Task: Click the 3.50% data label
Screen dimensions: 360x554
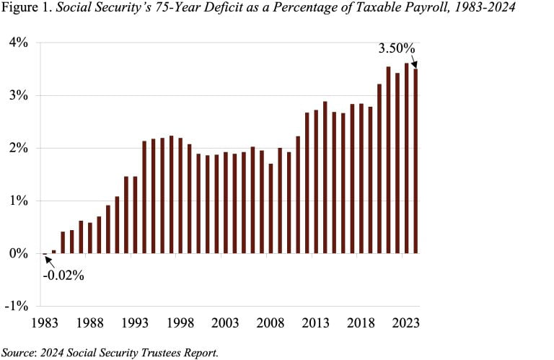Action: pyautogui.click(x=396, y=50)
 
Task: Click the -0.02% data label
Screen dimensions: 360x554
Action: pyautogui.click(x=64, y=275)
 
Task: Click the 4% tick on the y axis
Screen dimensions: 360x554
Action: pyautogui.click(x=19, y=43)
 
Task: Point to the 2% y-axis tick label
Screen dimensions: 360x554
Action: pyautogui.click(x=19, y=148)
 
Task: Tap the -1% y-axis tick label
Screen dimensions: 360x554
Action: pyautogui.click(x=17, y=306)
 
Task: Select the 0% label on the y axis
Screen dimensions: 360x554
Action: pyautogui.click(x=19, y=253)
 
